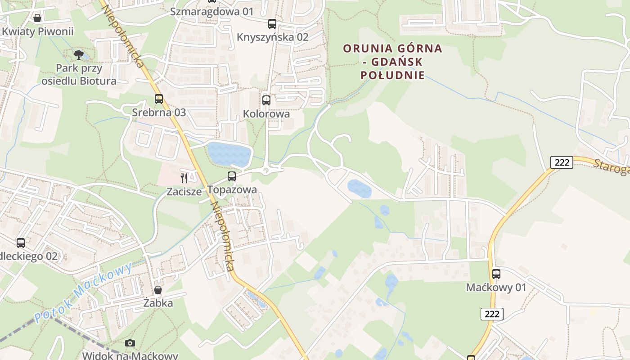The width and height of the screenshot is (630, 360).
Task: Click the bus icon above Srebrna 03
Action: [x=159, y=99]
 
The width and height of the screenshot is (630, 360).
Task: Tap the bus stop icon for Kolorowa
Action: [x=266, y=100]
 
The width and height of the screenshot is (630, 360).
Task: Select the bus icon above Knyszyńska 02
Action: [x=272, y=24]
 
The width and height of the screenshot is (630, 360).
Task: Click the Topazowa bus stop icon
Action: [x=232, y=176]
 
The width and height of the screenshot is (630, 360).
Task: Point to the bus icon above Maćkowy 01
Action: [x=496, y=274]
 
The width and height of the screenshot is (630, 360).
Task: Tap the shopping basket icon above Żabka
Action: [x=157, y=290]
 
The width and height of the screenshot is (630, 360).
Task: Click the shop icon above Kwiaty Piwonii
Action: [x=37, y=18]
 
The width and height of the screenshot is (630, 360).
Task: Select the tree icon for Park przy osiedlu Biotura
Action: [x=79, y=55]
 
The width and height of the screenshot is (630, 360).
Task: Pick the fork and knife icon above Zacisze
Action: [x=184, y=178]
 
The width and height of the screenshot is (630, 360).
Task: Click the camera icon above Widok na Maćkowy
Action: [x=130, y=343]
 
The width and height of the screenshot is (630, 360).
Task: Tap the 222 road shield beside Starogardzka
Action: [x=562, y=162]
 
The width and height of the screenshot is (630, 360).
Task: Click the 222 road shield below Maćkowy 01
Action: [x=492, y=314]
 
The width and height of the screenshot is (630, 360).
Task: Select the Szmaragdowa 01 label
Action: [x=212, y=12]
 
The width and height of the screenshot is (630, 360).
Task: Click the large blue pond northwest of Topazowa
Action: [x=229, y=154]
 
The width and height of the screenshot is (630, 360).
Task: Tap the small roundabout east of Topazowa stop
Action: [x=266, y=171]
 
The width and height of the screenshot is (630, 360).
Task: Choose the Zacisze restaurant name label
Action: [x=184, y=191]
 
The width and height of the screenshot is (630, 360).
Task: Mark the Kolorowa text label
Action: [x=266, y=114]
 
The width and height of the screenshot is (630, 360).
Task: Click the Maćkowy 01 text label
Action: [x=496, y=287]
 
